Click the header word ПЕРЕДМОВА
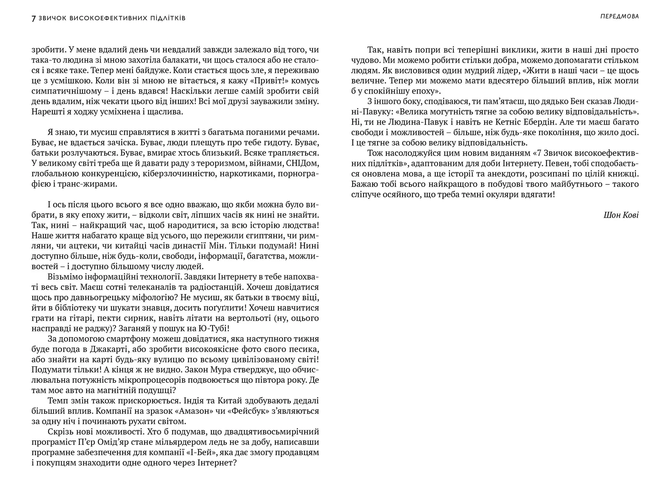coord(619,16)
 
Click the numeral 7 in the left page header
coord(34,18)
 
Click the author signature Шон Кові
coord(621,215)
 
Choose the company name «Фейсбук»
coord(245,411)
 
